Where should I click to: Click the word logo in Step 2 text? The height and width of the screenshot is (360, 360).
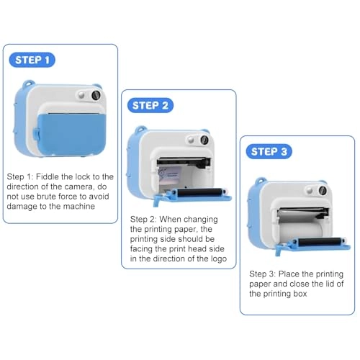[215, 258]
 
